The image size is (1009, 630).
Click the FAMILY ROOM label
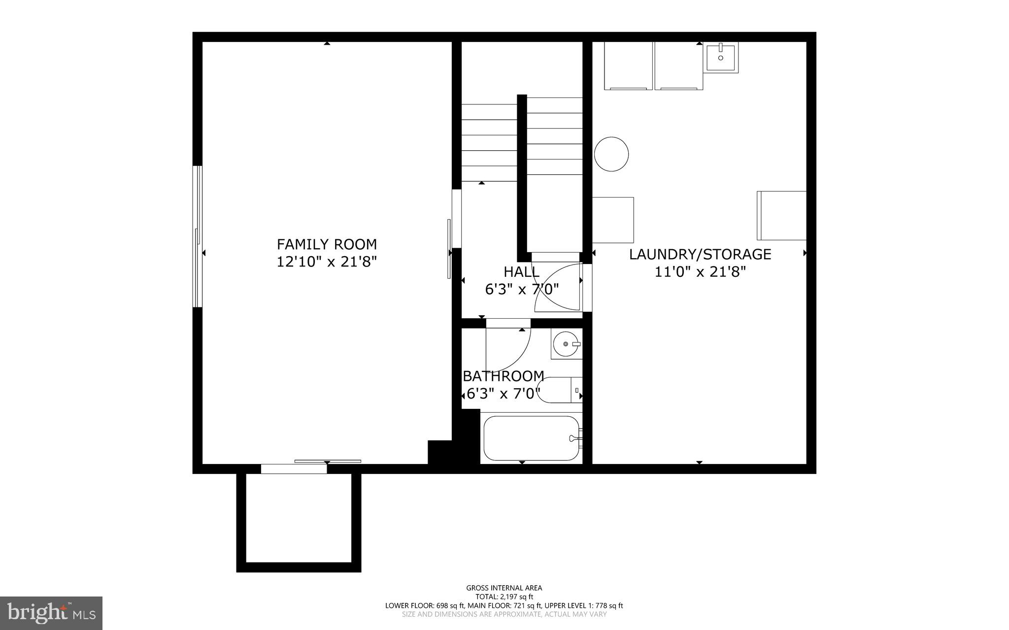click(x=327, y=244)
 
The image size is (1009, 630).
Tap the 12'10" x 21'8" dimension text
click(x=327, y=261)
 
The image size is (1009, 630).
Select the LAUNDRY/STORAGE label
click(x=700, y=254)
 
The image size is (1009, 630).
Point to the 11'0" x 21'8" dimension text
click(x=700, y=271)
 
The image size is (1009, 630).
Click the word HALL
click(x=521, y=271)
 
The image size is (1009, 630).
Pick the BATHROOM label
click(x=504, y=376)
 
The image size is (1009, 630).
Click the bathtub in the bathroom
click(x=531, y=438)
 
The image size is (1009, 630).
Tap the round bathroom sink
click(x=565, y=344)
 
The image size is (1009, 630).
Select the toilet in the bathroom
click(x=559, y=390)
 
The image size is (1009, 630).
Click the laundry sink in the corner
click(x=721, y=58)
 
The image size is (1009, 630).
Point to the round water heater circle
click(x=611, y=154)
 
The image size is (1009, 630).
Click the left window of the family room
click(x=198, y=236)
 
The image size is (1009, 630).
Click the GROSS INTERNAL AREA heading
click(x=504, y=588)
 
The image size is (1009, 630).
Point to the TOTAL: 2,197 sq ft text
click(x=504, y=597)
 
